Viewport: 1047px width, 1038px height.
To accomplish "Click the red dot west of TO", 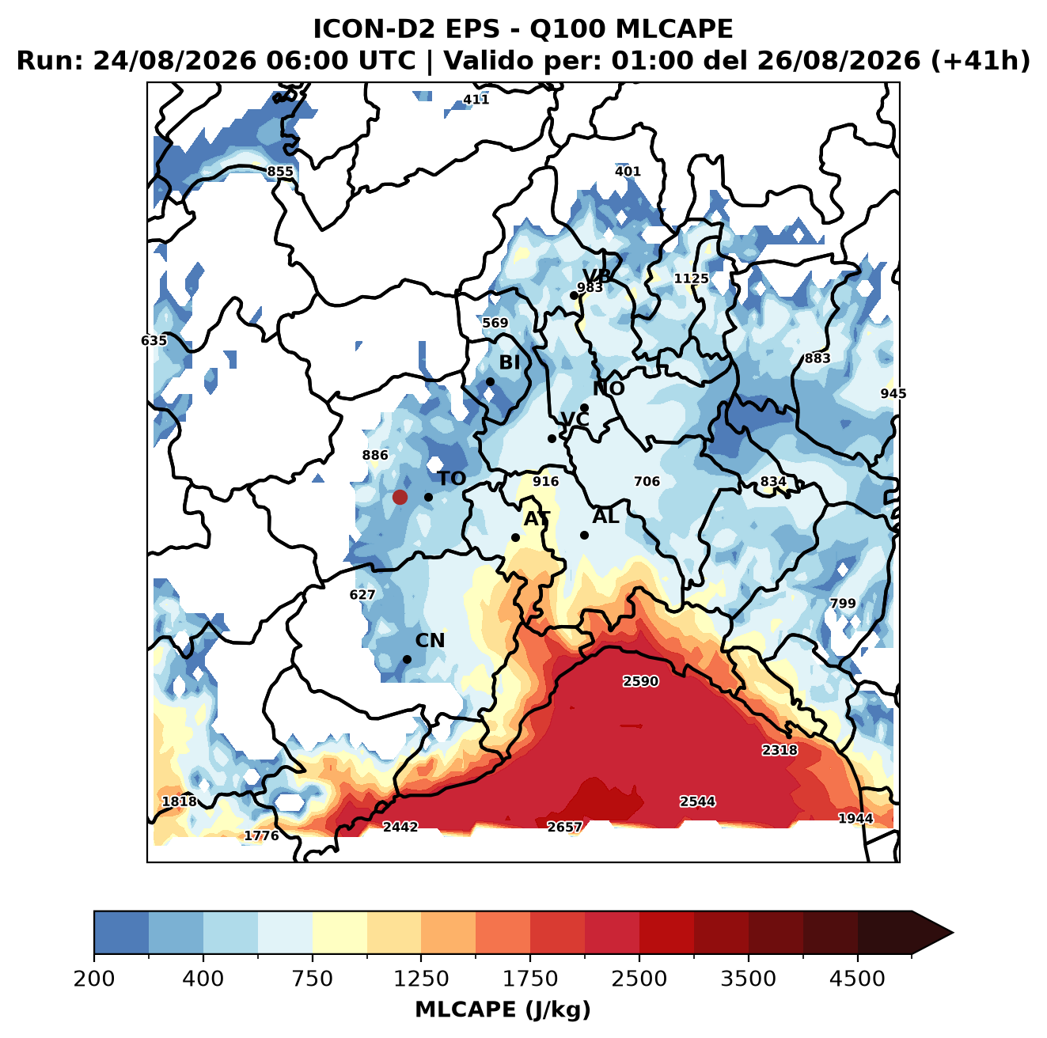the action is pos(400,497).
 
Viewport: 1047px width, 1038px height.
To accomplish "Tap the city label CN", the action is pos(429,640).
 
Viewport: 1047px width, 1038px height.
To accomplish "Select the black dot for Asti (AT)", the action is pos(515,537).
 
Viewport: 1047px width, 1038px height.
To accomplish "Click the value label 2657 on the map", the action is pos(564,827).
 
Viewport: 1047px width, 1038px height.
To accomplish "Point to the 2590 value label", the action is pos(640,681).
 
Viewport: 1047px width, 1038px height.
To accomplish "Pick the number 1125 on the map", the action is pos(691,278).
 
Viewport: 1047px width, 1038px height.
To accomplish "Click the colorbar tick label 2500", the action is pos(639,979).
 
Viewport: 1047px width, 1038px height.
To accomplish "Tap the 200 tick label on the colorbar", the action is pos(94,979).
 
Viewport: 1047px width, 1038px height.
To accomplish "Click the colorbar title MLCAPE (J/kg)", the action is pos(503,1010).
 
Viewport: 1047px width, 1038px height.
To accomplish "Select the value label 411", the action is pos(476,100).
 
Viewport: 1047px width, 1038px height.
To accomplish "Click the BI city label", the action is pos(509,362).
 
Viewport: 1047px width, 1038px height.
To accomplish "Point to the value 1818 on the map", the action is pos(180,801).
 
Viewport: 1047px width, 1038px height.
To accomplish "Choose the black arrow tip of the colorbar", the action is pos(953,933).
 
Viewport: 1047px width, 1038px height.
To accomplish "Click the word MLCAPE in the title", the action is pos(673,28).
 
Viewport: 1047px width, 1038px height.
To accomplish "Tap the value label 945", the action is pos(893,393).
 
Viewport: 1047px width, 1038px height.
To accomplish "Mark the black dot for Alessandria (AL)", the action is pos(584,535).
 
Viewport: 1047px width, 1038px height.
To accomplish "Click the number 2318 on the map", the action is pos(780,750).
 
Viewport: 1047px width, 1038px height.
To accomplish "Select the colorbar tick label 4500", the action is pos(857,979).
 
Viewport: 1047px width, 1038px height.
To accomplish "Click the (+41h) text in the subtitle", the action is pos(981,60).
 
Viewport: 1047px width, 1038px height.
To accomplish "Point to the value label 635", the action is pos(154,340).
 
